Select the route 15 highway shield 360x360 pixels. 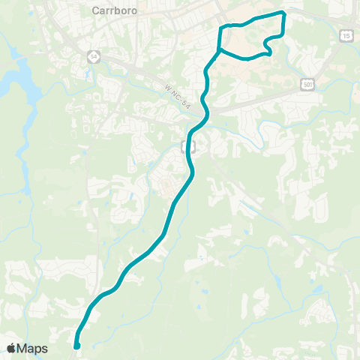(346, 35)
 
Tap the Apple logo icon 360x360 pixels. (11, 348)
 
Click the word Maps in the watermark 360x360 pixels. (33, 348)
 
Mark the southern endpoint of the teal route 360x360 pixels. (77, 346)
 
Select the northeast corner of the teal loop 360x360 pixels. (284, 13)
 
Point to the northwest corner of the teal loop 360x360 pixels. (220, 28)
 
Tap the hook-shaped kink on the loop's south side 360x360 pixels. (268, 54)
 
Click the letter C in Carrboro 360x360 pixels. (94, 10)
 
